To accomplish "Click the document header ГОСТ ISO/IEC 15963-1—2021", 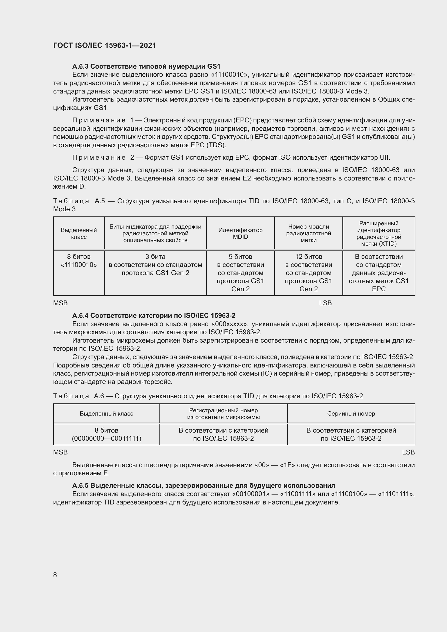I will [x=105, y=45].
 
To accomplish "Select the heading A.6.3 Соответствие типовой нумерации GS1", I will [x=146, y=66].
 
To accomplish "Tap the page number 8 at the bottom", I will [x=55, y=575].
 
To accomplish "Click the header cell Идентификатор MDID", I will [x=240, y=233].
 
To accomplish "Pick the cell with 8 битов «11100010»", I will [x=79, y=261].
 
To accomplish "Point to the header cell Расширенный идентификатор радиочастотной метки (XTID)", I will [x=379, y=233].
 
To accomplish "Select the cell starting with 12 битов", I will [x=309, y=273].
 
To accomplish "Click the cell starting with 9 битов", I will [x=240, y=273].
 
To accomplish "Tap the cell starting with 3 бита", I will [x=155, y=265].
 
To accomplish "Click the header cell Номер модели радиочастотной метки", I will [x=309, y=233].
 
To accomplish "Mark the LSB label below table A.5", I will [x=325, y=303].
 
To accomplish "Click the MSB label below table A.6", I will [x=60, y=452].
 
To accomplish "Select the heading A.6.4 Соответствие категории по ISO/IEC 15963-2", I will [x=154, y=315].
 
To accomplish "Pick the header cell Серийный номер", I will [x=351, y=413].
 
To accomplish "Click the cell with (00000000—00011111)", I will [x=106, y=439].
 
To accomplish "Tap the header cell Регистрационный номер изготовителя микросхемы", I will [x=223, y=413].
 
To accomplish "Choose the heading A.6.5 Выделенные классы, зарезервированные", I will [x=204, y=485].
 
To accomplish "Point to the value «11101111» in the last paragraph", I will [x=396, y=494].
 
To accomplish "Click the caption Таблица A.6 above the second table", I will [x=78, y=396].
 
